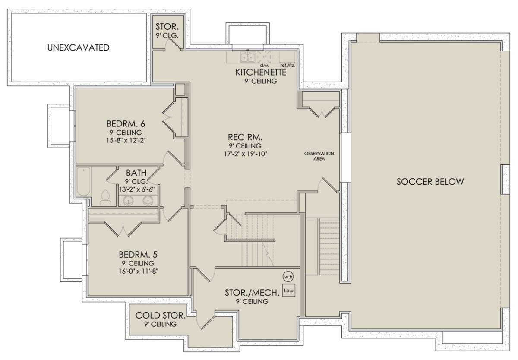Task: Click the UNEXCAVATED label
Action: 79,47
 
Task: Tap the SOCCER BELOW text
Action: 430,182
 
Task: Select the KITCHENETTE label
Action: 261,73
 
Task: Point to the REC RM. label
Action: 245,137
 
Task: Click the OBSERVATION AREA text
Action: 319,156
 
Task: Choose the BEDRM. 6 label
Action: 126,124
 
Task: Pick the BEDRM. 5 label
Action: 138,255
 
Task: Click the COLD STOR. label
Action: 161,316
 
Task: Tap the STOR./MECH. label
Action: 252,293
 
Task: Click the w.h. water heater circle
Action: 288,277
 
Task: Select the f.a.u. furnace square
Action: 289,291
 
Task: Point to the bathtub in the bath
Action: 83,182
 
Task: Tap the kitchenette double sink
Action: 247,57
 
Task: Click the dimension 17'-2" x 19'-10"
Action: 246,154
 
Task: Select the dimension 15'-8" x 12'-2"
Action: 126,140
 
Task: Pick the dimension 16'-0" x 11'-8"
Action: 138,271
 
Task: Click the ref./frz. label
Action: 287,66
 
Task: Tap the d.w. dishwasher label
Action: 265,66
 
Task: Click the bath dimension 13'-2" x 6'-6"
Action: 137,189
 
